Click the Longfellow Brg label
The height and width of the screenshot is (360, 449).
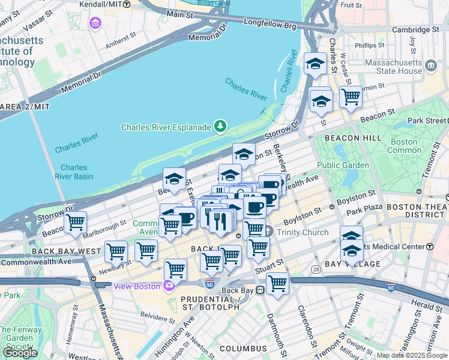[270, 25]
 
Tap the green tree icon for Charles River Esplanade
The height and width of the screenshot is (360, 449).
[221, 126]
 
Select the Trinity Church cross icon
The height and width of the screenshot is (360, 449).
[269, 231]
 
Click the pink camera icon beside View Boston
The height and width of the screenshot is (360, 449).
[169, 285]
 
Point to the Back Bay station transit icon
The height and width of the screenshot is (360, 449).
[261, 290]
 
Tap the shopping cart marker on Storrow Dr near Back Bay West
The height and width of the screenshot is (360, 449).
[75, 223]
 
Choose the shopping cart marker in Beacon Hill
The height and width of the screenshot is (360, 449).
[351, 96]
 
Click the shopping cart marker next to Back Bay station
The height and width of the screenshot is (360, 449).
[277, 283]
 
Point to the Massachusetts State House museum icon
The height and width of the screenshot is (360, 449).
[430, 64]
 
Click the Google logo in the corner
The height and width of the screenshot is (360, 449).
[19, 352]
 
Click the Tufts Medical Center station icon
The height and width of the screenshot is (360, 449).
[430, 247]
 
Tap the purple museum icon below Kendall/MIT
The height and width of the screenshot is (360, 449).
[95, 23]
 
